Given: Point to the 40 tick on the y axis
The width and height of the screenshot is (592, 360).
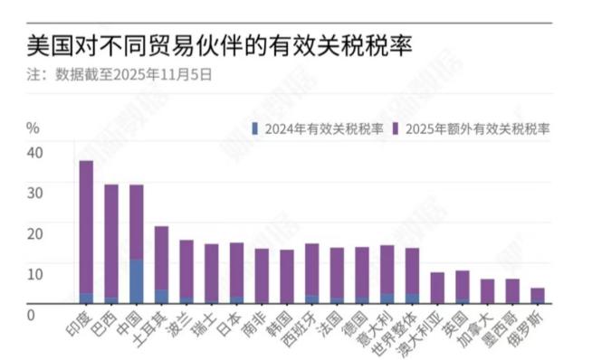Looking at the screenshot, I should [33, 153].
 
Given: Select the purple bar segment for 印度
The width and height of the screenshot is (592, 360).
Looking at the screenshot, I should [87, 226].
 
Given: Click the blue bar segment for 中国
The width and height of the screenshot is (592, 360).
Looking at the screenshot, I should [137, 281].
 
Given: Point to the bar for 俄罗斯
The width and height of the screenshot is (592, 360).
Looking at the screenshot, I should [538, 296].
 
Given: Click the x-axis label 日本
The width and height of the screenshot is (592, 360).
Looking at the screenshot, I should [231, 320].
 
